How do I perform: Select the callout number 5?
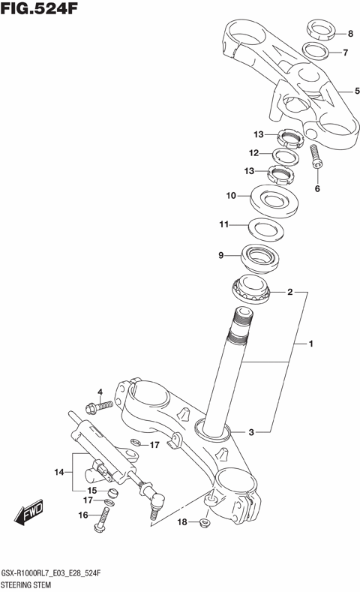click(347, 91)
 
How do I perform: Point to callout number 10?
click(232, 196)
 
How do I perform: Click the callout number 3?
click(252, 432)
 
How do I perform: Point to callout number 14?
click(60, 472)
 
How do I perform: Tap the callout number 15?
click(91, 491)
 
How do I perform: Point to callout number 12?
click(254, 153)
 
